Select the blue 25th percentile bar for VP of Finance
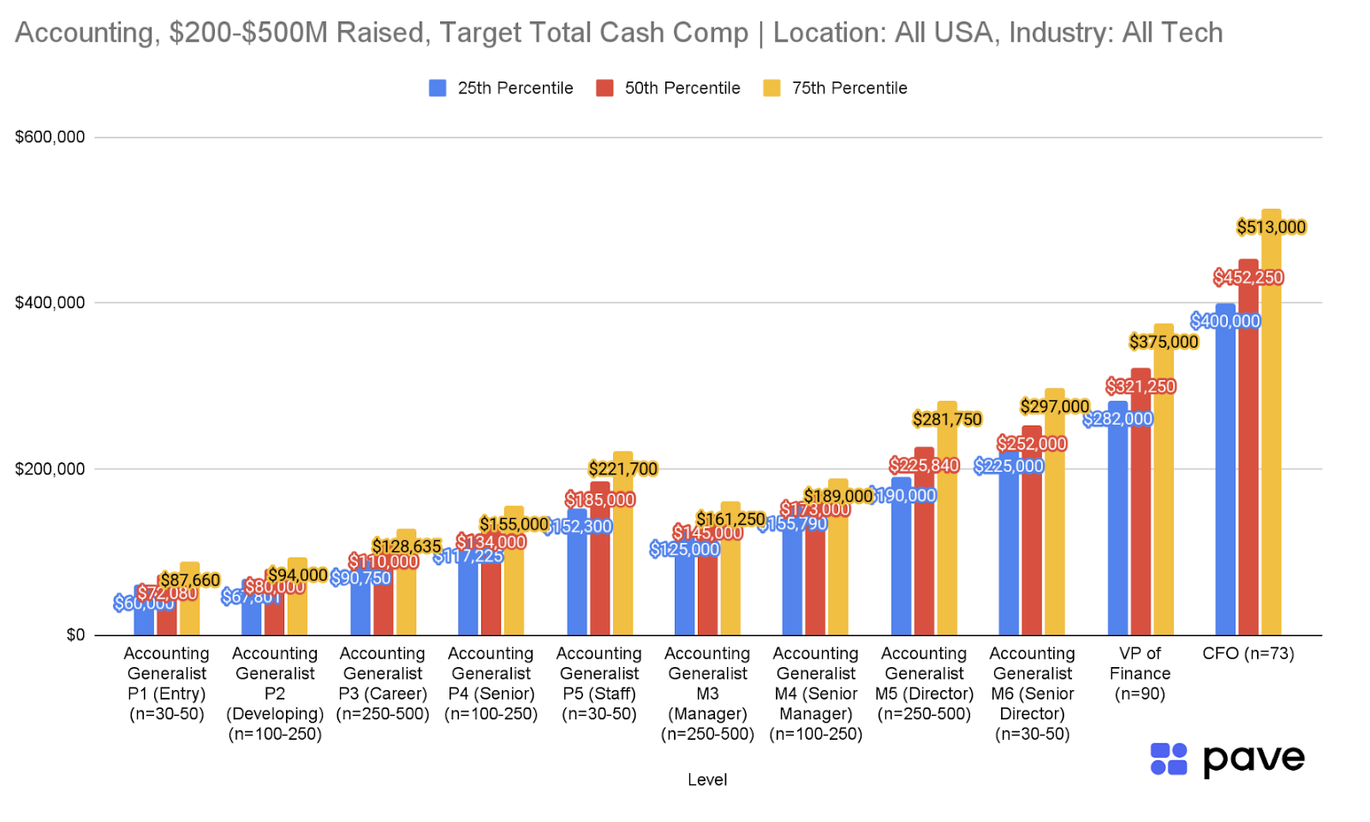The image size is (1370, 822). point(1117,531)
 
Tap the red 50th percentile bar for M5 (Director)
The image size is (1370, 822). point(924,557)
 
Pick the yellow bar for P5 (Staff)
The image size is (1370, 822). point(622,557)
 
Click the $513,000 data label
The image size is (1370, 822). point(1271,227)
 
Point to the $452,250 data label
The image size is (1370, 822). point(1248,277)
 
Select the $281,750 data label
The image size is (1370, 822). point(946,420)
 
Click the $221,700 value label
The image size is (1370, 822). point(622,469)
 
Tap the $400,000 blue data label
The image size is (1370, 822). point(1225,321)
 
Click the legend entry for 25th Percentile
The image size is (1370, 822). point(502,88)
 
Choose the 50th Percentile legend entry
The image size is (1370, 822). point(669,88)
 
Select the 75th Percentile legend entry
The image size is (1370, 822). point(836,88)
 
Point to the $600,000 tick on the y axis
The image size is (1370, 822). point(50,137)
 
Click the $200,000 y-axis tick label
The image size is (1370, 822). point(50,469)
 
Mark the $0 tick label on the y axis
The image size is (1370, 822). point(75,635)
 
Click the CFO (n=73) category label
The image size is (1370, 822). point(1248,653)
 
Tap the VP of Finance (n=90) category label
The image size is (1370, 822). point(1140,674)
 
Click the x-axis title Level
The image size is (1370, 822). point(707,780)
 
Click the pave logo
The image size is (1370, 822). point(1226,759)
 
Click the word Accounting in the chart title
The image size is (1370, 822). point(84,33)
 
